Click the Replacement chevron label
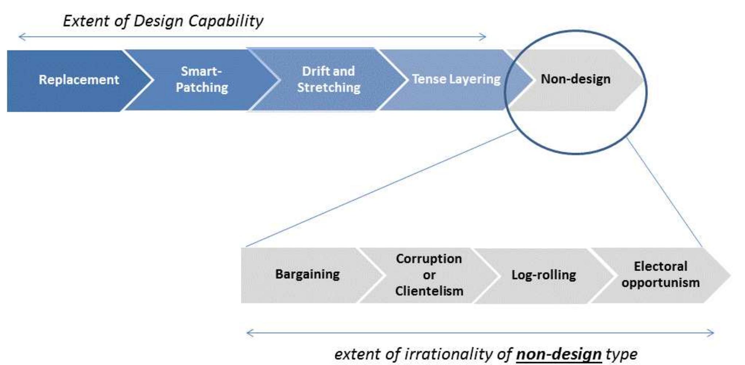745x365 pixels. [x=79, y=79]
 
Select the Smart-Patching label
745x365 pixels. [x=202, y=79]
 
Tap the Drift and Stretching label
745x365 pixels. [x=328, y=79]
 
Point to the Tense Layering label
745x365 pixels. [x=456, y=79]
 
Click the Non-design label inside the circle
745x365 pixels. [x=576, y=79]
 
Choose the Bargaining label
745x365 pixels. [x=307, y=274]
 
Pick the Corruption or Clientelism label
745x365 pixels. [x=429, y=275]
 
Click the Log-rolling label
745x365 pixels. [x=543, y=275]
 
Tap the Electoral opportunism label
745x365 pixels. [x=660, y=274]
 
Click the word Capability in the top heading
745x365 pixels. [x=226, y=21]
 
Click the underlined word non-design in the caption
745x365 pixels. [x=559, y=354]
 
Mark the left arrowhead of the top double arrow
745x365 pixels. [x=19, y=36]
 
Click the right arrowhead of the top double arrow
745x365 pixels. [x=485, y=36]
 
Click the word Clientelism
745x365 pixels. [x=429, y=291]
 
